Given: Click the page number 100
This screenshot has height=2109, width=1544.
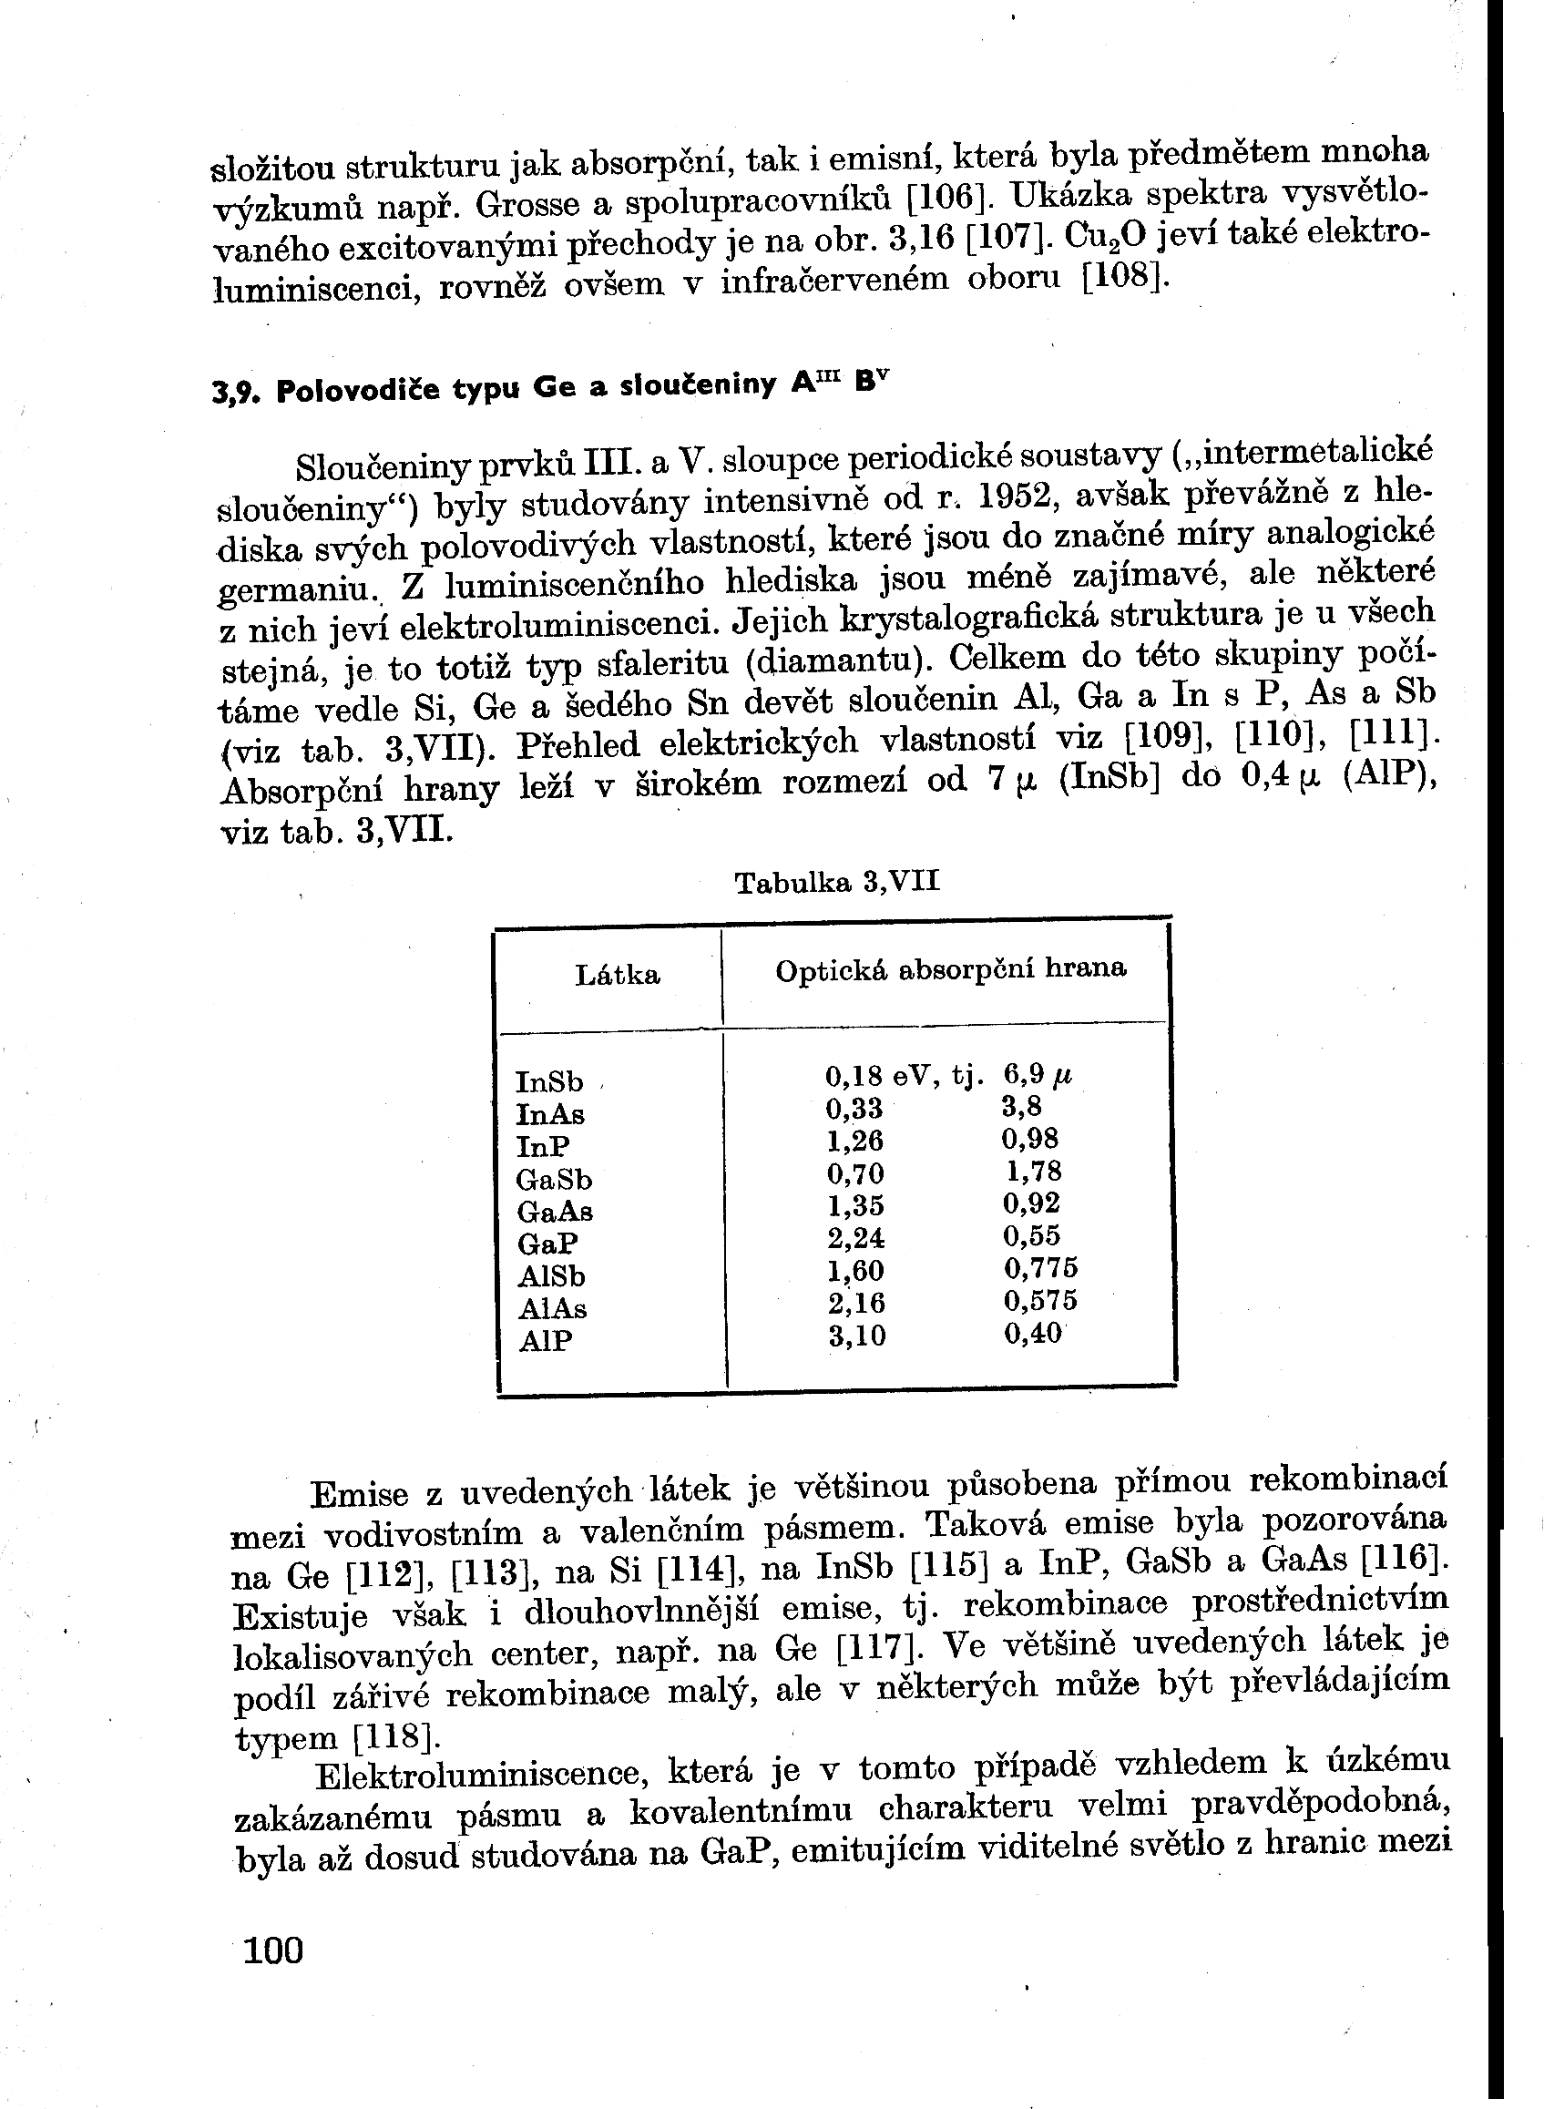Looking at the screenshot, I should tap(273, 1950).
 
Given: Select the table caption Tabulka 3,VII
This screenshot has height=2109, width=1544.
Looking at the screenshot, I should tap(836, 882).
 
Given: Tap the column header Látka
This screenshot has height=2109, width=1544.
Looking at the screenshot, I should tap(618, 975).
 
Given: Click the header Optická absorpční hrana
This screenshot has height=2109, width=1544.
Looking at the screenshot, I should tap(950, 968).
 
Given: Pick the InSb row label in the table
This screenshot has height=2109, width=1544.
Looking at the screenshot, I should tap(549, 1081).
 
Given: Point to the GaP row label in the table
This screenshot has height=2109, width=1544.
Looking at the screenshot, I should tap(547, 1244).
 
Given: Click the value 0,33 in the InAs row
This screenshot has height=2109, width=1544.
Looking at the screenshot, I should tap(854, 1109).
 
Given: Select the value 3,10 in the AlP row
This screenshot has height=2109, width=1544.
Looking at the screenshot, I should tap(857, 1335).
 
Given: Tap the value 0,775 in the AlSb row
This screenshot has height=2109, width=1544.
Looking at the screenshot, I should tap(1041, 1268).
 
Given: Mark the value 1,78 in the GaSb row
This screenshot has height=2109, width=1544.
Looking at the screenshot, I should tap(1034, 1171).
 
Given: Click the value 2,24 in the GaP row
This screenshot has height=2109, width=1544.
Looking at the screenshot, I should tap(855, 1238).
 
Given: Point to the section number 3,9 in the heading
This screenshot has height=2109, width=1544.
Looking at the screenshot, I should tap(232, 393).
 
